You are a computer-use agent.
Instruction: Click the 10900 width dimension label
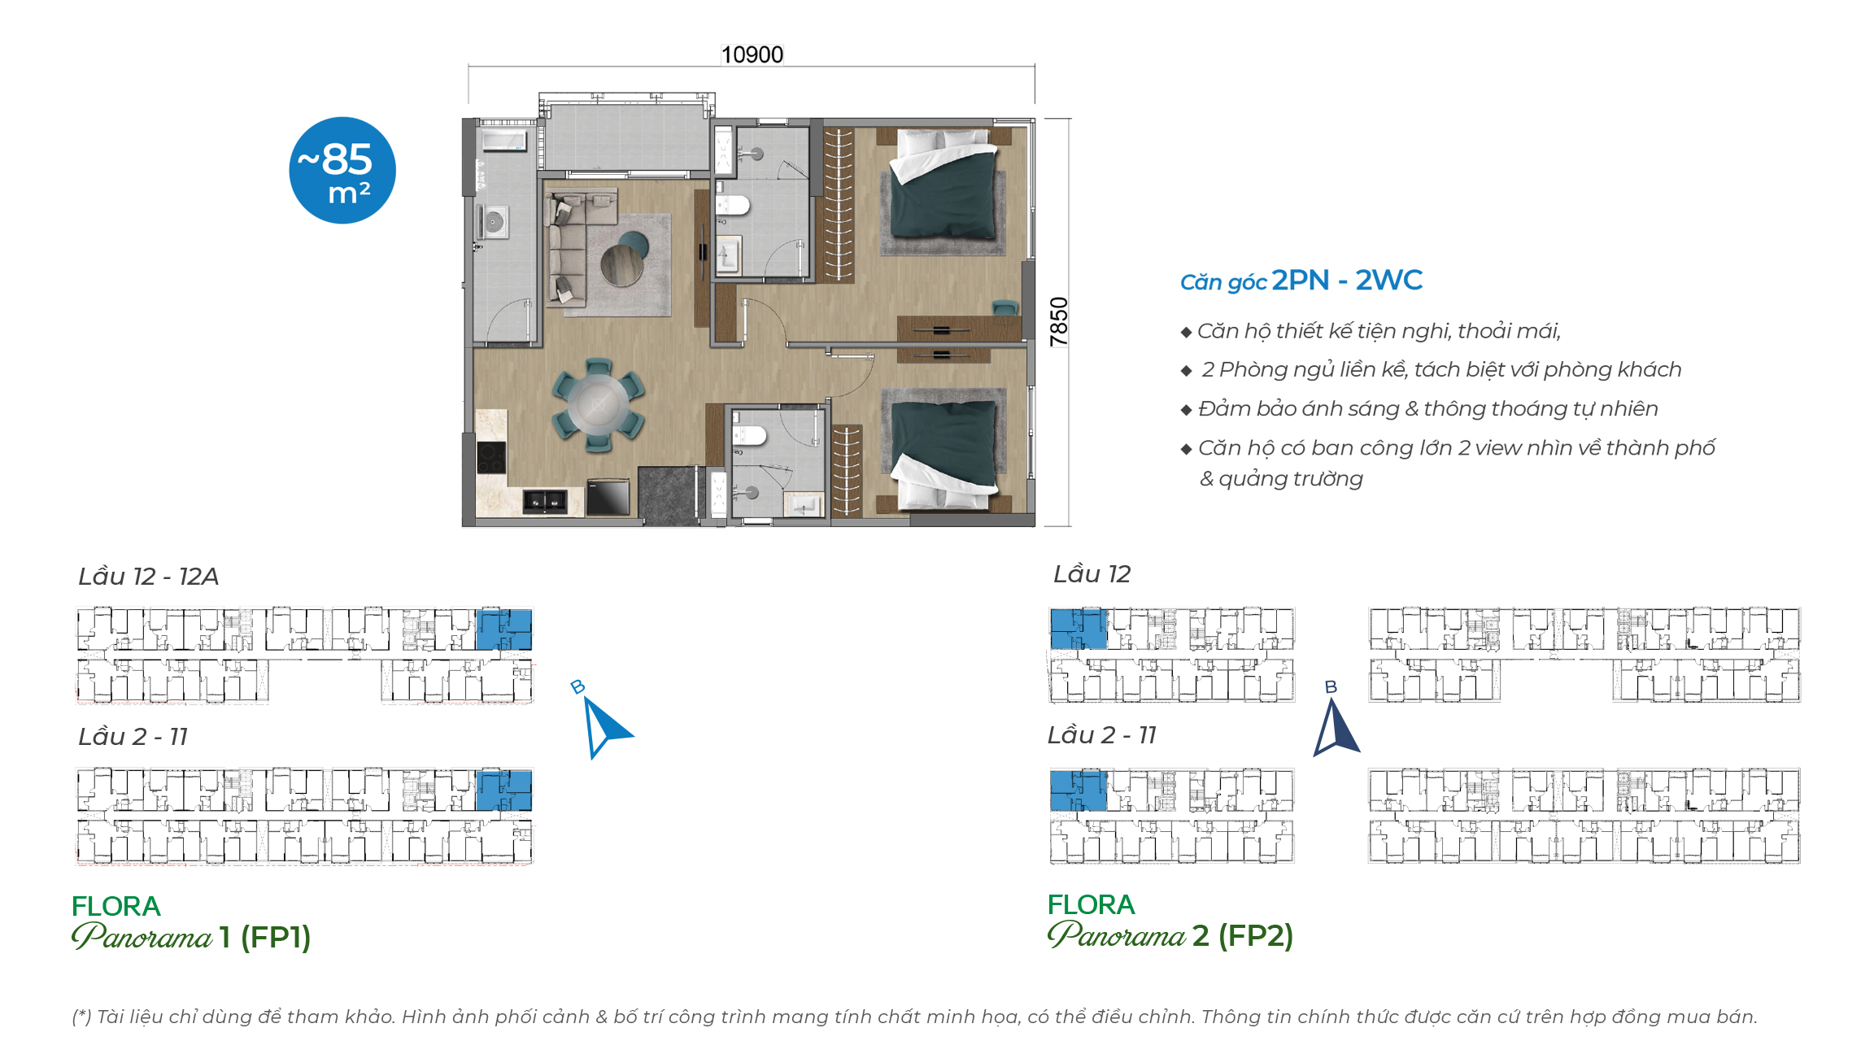(752, 54)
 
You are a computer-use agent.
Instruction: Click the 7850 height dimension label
(1057, 321)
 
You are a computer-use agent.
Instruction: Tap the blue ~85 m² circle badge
(342, 170)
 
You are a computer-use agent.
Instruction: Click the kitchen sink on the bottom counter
(544, 501)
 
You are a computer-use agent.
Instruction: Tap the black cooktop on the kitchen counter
(490, 456)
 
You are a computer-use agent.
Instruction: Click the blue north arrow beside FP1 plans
(604, 726)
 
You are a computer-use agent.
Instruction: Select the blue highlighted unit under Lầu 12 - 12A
(503, 629)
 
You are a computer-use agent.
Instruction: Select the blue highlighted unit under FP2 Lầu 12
(1078, 629)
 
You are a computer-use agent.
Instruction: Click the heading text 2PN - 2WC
(1347, 281)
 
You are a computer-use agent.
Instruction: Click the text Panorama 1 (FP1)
(192, 937)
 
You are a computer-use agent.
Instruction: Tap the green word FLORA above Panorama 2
(1090, 904)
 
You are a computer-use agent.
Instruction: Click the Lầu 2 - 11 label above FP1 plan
(133, 737)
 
